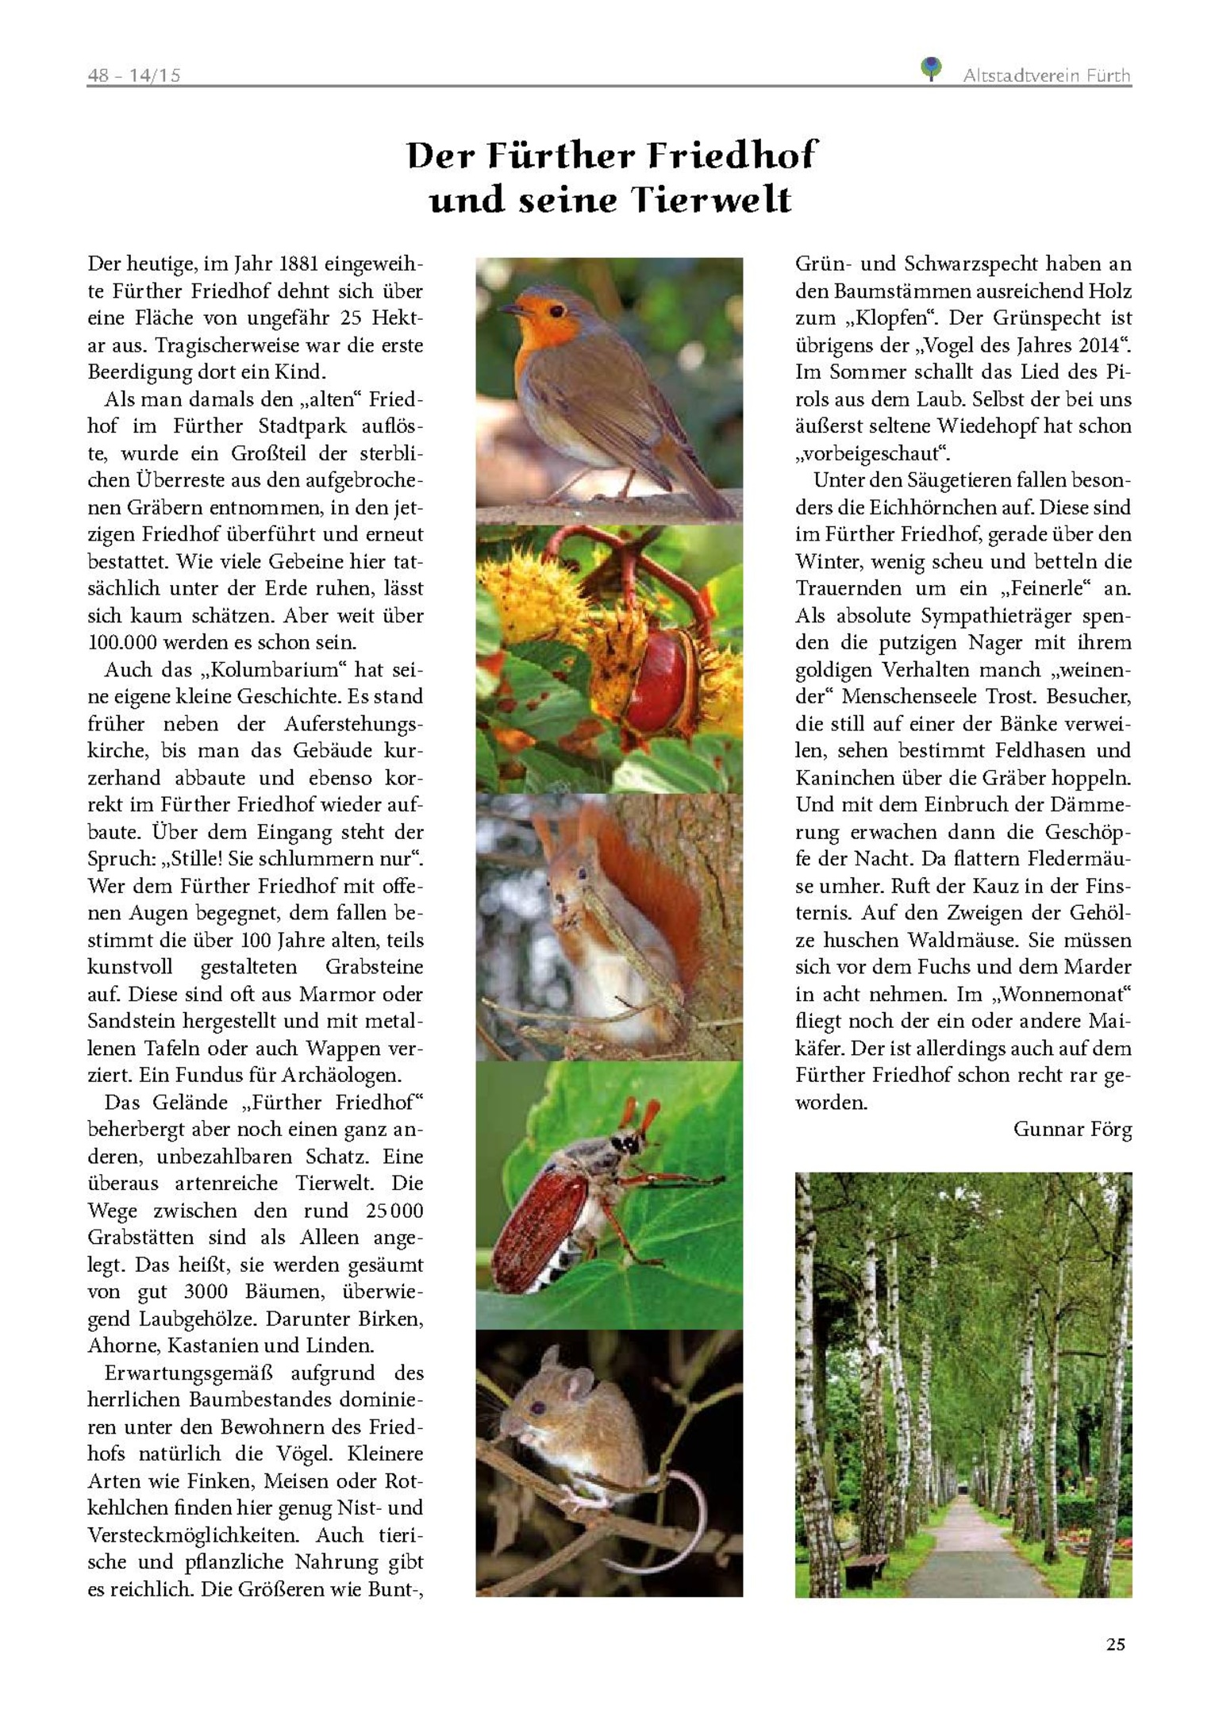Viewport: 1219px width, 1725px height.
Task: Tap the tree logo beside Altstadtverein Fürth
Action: [x=931, y=68]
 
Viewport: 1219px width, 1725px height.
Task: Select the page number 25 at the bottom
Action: [x=1115, y=1644]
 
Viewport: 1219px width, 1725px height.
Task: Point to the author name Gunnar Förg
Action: [x=1072, y=1130]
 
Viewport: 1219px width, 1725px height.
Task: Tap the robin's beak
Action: [x=509, y=310]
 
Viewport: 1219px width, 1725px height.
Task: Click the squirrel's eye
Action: [x=583, y=873]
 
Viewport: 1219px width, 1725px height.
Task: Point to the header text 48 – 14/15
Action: [x=134, y=75]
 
